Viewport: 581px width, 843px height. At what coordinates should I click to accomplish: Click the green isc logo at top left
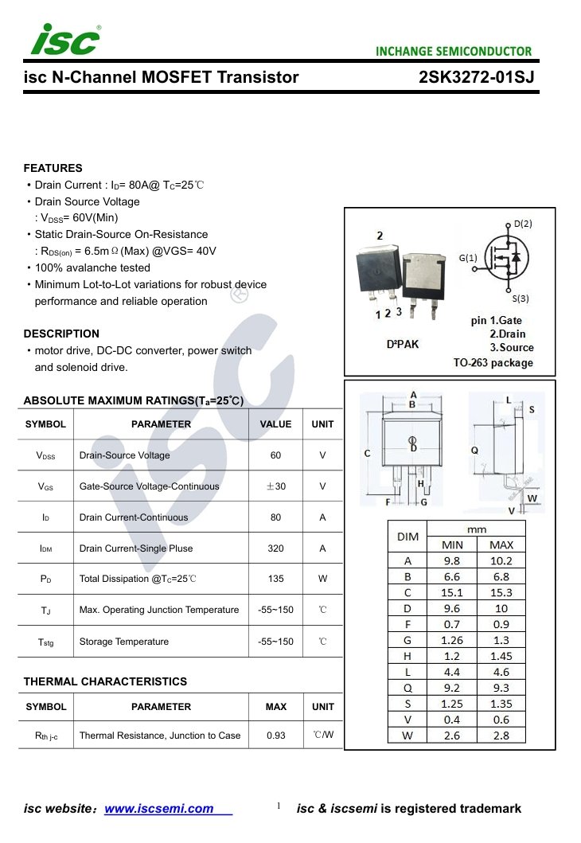point(64,40)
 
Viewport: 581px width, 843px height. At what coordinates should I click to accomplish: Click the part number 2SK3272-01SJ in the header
point(476,77)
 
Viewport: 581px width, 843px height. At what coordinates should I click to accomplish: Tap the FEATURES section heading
point(53,168)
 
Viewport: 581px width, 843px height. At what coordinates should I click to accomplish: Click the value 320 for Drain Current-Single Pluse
point(275,548)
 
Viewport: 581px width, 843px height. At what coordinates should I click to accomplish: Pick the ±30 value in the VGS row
point(275,486)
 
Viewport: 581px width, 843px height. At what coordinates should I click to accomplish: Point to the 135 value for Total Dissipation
point(275,579)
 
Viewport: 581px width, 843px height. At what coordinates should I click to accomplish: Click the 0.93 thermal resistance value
point(275,736)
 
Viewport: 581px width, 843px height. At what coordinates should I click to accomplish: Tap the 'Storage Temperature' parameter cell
point(124,642)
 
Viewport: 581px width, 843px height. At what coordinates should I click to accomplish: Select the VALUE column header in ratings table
point(275,424)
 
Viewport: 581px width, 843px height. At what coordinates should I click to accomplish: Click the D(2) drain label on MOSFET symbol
point(522,224)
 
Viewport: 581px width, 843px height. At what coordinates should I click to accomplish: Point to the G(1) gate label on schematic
point(468,258)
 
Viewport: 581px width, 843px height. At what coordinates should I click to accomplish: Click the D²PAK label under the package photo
point(402,344)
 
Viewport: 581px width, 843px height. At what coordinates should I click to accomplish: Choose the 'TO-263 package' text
point(493,363)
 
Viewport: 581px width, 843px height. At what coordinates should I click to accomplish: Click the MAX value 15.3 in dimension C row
point(501,592)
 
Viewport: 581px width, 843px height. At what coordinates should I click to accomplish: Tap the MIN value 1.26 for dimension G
point(452,640)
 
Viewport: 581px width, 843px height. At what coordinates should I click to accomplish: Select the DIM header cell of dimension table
point(407,537)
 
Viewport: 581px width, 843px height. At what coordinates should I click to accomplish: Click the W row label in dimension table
point(407,736)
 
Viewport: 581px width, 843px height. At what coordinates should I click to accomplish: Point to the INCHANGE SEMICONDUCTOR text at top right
point(454,52)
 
